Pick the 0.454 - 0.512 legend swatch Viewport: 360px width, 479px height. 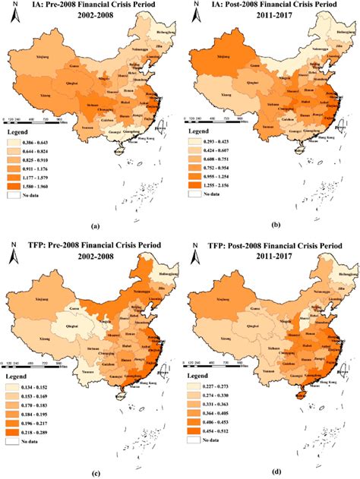pos(195,428)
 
